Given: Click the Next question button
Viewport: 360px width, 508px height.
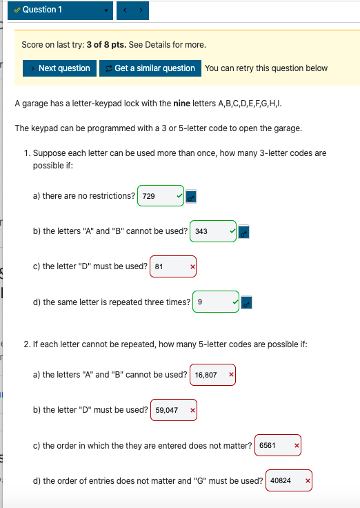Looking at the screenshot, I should click(60, 68).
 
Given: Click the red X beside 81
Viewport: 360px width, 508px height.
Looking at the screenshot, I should click(193, 267).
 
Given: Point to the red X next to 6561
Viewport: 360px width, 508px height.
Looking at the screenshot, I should click(297, 446).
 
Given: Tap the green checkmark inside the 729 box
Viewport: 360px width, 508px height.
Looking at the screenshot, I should click(179, 197).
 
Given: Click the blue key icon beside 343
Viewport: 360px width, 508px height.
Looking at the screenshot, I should click(243, 233).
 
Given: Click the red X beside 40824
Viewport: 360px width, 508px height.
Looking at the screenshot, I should click(308, 481).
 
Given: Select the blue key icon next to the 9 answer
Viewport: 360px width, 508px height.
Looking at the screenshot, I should click(247, 302).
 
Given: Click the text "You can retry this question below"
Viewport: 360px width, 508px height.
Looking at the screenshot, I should click(266, 68).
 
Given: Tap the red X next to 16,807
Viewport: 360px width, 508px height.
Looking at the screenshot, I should click(231, 375).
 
